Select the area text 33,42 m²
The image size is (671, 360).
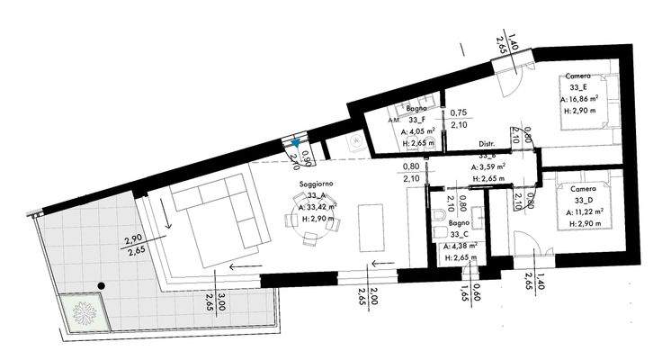click(322, 207)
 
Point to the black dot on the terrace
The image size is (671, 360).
click(102, 285)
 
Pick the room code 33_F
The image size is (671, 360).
click(416, 119)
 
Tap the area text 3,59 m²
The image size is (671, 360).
click(490, 166)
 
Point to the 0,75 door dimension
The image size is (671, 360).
click(458, 113)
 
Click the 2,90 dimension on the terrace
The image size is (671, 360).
click(134, 240)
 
